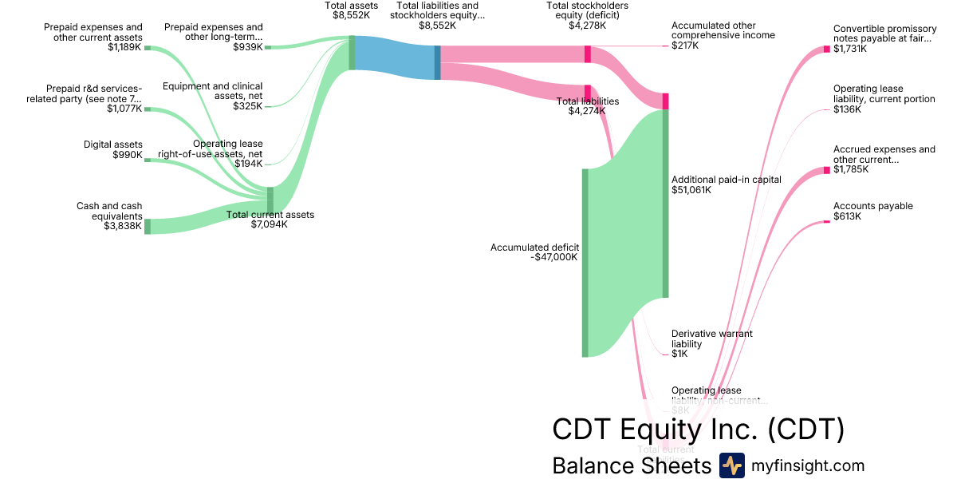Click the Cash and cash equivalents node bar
click(147, 226)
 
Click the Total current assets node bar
click(270, 200)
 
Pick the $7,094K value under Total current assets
click(270, 224)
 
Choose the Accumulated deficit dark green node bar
click(585, 263)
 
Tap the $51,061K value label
click(692, 190)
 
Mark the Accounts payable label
click(872, 206)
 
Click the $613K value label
click(847, 216)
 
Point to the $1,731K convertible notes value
click(850, 49)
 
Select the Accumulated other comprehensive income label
click(723, 30)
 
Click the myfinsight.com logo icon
click(731, 465)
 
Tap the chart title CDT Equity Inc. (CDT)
click(698, 430)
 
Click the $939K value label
click(247, 47)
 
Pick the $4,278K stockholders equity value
click(587, 25)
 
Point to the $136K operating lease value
click(847, 109)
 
